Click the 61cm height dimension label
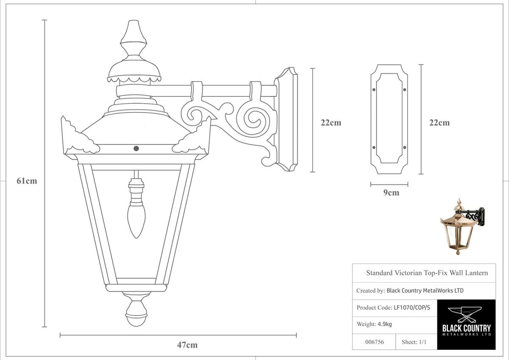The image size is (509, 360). tap(27, 181)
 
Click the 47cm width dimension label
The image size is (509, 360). tap(187, 345)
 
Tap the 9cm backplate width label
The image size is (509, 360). tap(391, 193)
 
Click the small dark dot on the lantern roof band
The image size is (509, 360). tap(136, 148)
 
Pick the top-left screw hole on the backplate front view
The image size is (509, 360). tap(374, 90)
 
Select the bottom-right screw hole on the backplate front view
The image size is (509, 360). tap(404, 147)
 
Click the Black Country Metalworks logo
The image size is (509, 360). tap(466, 324)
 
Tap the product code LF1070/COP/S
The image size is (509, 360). tap(411, 308)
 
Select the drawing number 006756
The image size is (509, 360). tap(375, 342)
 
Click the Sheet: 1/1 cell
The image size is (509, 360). tap(414, 342)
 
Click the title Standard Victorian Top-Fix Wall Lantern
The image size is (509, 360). tap(427, 273)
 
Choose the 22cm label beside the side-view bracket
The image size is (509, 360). tap(331, 123)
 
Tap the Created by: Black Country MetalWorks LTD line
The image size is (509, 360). tap(410, 291)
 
